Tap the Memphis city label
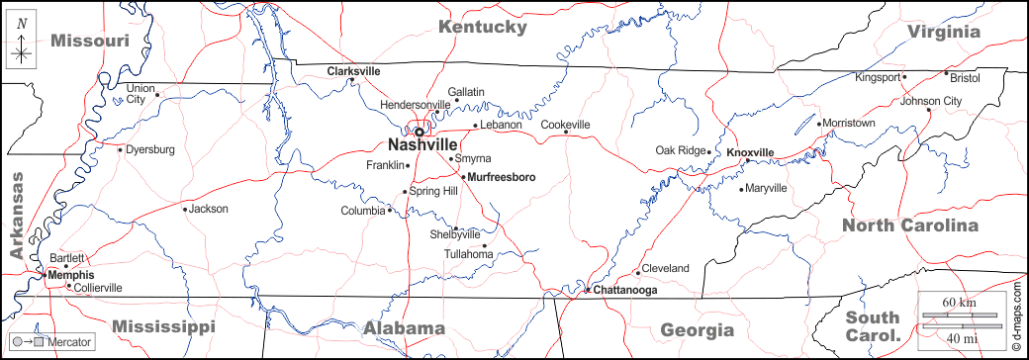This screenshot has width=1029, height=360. click(71, 275)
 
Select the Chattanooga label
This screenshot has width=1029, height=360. click(625, 290)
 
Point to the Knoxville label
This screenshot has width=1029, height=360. click(749, 152)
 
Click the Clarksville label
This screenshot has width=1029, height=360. click(353, 71)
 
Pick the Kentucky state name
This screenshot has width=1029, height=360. click(483, 27)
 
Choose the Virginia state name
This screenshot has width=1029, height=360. click(944, 32)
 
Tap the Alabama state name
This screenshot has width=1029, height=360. click(404, 328)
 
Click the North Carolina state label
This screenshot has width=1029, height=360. click(909, 225)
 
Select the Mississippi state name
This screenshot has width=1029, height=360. click(163, 326)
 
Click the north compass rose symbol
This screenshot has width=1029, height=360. click(21, 45)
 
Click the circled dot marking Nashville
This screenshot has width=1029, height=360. click(419, 131)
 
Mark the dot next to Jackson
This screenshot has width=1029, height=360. click(184, 209)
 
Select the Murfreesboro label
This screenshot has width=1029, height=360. click(501, 177)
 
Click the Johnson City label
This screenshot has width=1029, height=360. click(931, 101)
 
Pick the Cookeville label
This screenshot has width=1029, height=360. click(565, 125)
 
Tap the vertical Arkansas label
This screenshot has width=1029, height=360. click(17, 217)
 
